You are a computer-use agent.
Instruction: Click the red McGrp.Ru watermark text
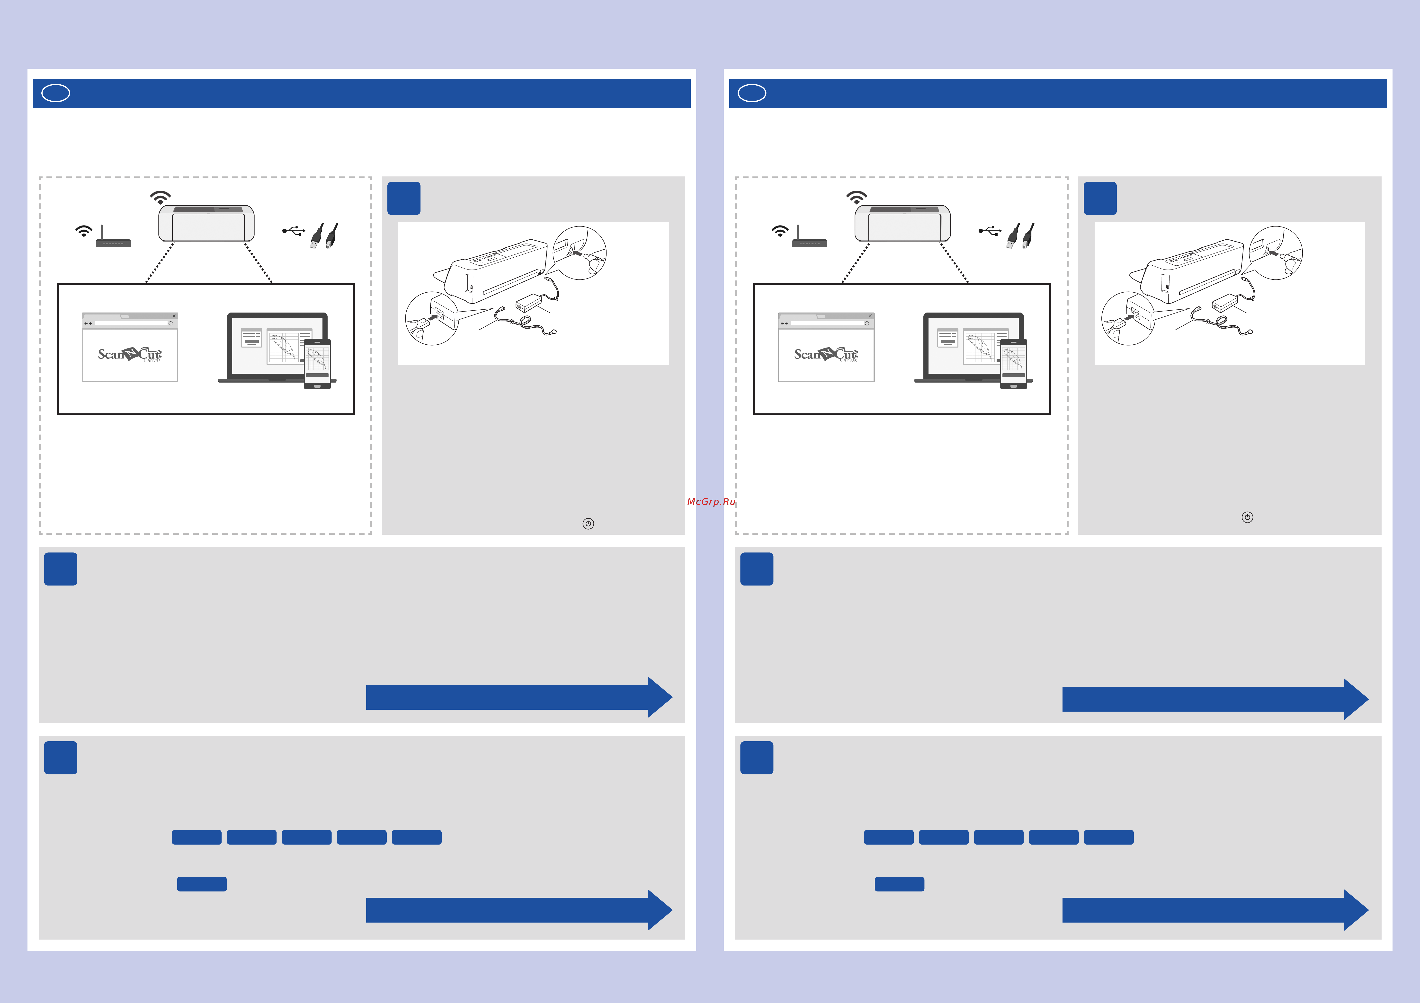click(x=711, y=502)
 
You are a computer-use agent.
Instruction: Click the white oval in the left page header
click(x=56, y=93)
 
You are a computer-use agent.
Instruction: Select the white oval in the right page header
click(x=752, y=93)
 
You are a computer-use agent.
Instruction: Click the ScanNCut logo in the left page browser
click(x=130, y=354)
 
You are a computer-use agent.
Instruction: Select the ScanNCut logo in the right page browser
click(x=826, y=354)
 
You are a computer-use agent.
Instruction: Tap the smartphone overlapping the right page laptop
click(x=1014, y=364)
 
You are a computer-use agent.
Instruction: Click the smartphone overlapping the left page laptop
click(x=317, y=364)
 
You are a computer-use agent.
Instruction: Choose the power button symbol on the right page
click(x=1247, y=517)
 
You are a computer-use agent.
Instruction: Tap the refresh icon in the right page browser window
click(x=866, y=323)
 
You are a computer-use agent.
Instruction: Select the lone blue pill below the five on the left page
click(x=202, y=884)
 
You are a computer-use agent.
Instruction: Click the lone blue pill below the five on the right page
click(x=899, y=884)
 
